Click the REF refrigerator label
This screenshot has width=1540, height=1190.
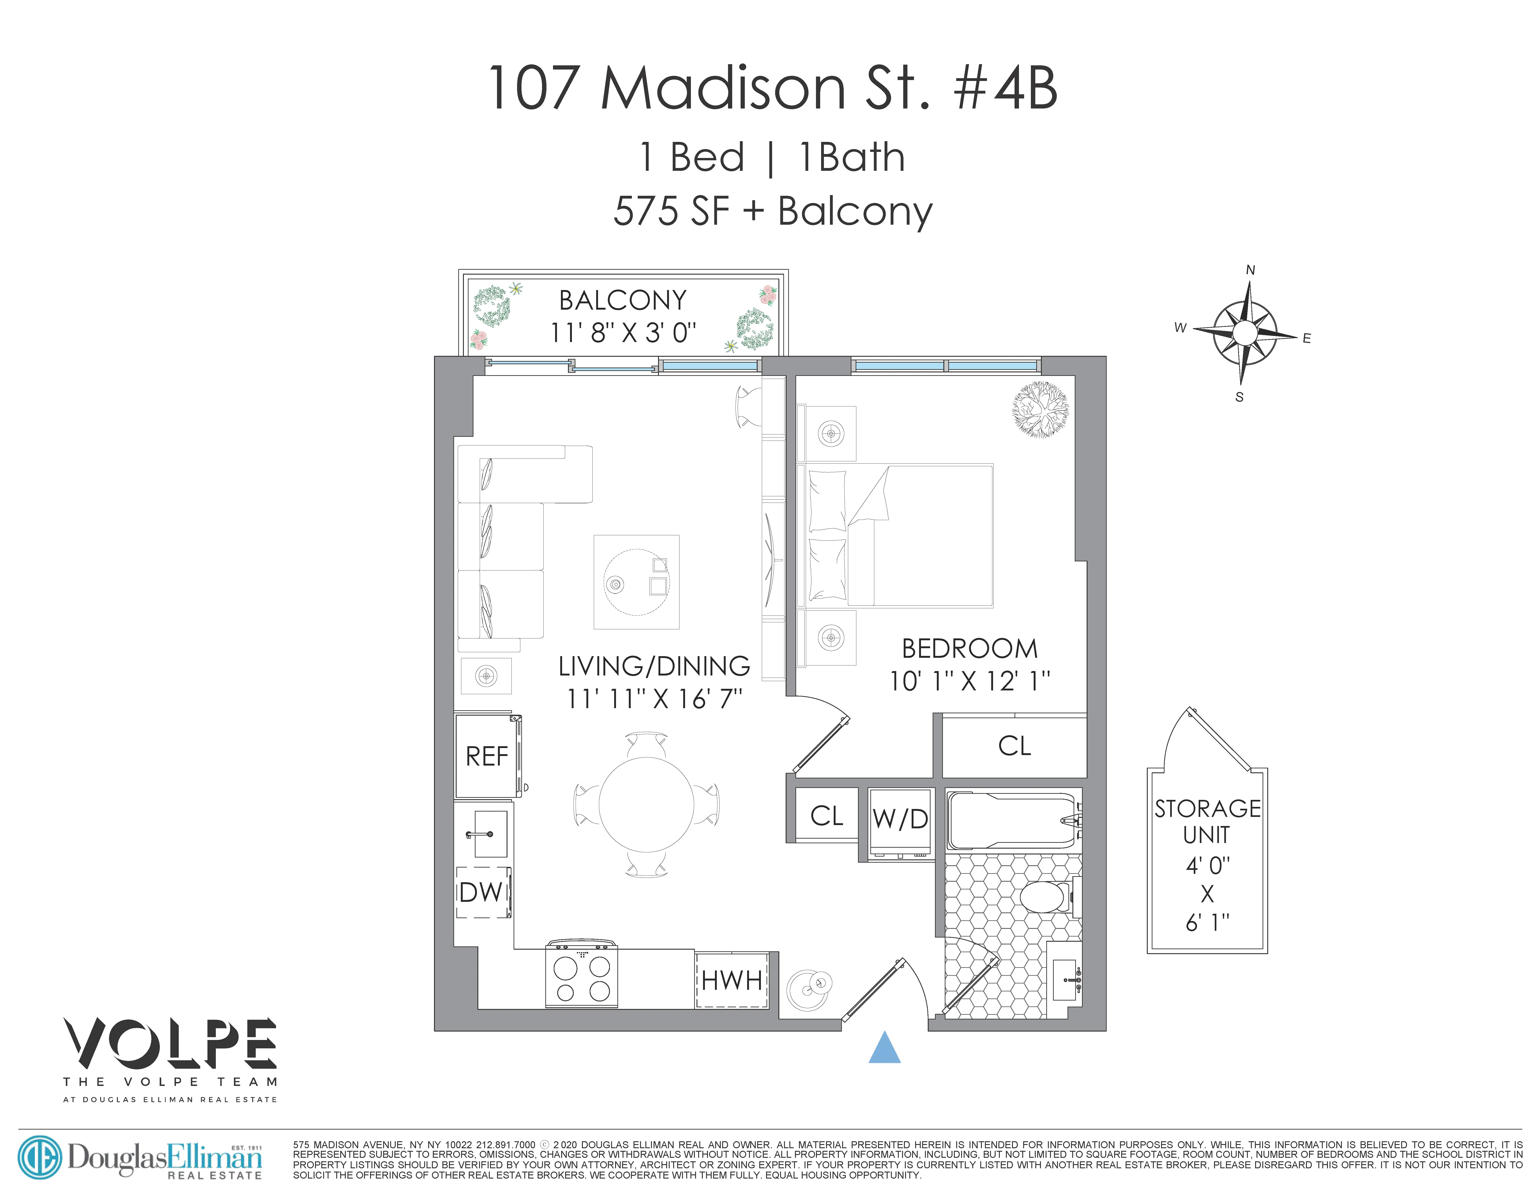point(486,756)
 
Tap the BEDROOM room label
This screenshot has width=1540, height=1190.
point(969,649)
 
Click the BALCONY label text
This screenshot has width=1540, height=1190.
point(623,300)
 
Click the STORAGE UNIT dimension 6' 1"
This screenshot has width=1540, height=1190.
point(1207,922)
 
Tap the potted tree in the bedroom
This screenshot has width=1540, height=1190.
point(1039,409)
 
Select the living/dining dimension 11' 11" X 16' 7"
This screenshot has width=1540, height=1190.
point(654,699)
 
